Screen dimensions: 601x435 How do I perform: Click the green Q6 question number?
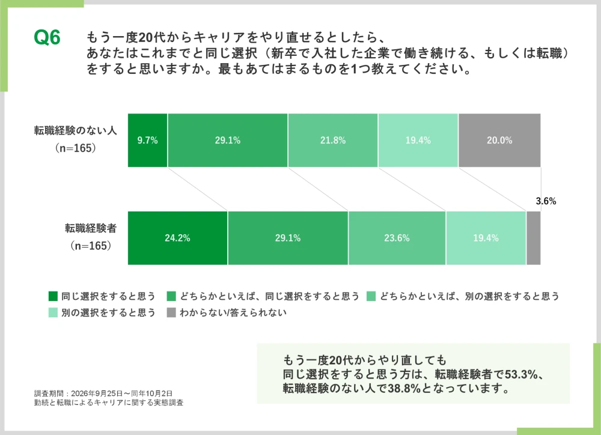coord(47,38)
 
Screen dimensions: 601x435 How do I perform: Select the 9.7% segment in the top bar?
coord(148,140)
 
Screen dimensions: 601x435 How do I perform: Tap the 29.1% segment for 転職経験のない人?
coord(228,140)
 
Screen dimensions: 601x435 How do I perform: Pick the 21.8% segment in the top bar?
coord(333,140)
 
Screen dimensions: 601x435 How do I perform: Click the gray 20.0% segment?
coord(499,140)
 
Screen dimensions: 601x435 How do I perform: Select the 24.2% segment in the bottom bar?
coord(177,238)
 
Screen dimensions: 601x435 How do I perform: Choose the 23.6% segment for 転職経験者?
coord(397,238)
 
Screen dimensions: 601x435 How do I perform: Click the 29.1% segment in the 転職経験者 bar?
coord(288,238)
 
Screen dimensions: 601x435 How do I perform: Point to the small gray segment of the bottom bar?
coord(534,238)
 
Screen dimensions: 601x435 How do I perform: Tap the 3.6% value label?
coord(546,201)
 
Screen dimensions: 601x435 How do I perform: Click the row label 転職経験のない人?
coord(76,131)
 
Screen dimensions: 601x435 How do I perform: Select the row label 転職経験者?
coord(91,228)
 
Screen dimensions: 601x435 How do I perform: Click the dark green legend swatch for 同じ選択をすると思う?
coord(53,296)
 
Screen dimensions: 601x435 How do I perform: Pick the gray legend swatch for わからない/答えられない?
coord(171,313)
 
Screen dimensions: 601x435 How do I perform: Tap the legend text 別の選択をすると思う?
coord(108,313)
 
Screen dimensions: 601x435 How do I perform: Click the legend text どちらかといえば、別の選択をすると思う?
coord(470,296)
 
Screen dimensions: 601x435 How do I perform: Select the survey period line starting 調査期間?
coord(103,394)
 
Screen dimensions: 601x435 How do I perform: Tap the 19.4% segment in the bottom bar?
coord(486,238)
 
